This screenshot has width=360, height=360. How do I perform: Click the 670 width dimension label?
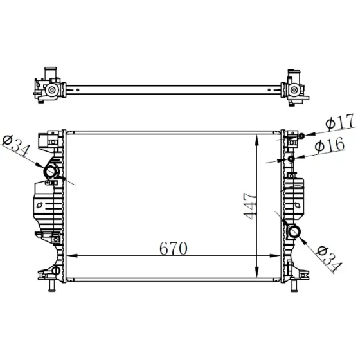[x=174, y=248]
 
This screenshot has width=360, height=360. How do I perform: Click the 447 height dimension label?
[x=249, y=206]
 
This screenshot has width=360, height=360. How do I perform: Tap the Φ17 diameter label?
[x=340, y=122]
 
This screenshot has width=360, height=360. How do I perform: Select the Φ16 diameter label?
[x=330, y=145]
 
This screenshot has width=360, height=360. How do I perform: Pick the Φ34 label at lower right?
[x=328, y=258]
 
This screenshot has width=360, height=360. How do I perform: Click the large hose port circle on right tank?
[x=294, y=231]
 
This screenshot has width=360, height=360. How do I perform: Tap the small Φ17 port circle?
[x=301, y=136]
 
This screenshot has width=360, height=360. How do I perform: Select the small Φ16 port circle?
[x=291, y=158]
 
